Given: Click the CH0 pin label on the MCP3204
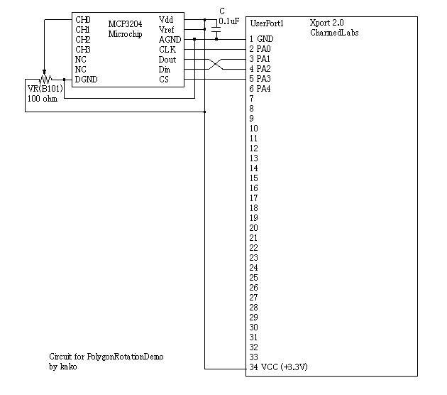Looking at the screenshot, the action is coord(83,20).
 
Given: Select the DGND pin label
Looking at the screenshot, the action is coord(86,80).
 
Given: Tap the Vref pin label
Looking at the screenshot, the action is coord(166,30).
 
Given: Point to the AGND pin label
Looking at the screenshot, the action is coord(170,40).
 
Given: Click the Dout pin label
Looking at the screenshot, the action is coord(167,60).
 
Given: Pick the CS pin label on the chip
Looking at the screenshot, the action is coord(164,80).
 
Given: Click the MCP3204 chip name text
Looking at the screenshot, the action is coord(125,24).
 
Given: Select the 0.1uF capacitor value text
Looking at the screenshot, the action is coord(229,21).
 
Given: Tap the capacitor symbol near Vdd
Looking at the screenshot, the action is coord(216,30).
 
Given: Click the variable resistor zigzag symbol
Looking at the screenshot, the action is coord(45,79).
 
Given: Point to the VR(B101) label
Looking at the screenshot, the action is coord(45,89).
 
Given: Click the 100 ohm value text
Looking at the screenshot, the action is coord(43,99).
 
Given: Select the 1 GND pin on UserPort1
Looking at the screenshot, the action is coord(261,39).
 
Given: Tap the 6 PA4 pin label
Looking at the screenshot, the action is coord(260,89).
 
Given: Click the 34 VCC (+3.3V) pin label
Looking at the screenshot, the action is coord(279,367).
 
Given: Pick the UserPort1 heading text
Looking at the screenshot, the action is coord(267,23).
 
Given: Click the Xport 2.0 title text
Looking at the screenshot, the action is coord(326,23).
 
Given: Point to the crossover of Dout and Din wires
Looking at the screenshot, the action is coord(216,64).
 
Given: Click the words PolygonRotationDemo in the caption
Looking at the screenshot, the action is coord(125,357).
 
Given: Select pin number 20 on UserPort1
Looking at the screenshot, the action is coord(254,228).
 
